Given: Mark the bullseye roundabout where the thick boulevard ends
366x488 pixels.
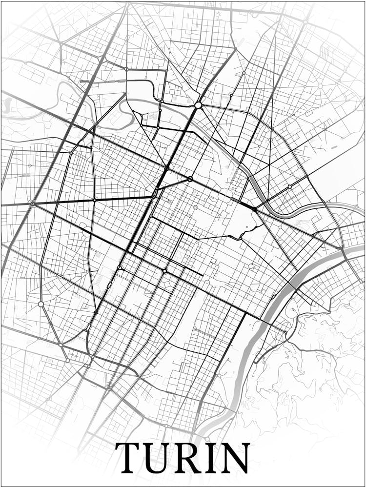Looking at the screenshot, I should coord(32,203).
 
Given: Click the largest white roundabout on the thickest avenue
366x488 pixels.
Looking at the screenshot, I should coord(198,105).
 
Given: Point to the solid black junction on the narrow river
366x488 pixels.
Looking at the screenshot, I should coord(254,209).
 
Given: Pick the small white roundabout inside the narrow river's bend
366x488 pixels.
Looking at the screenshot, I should coord(289,186).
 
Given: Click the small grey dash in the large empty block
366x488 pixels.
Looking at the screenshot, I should coord(334,146).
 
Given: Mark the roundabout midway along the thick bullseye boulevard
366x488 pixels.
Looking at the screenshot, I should coord(94,200).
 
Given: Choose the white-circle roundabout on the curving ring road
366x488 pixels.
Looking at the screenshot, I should coord(41,304).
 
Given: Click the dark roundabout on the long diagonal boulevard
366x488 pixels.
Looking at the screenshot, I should coord(165,271).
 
